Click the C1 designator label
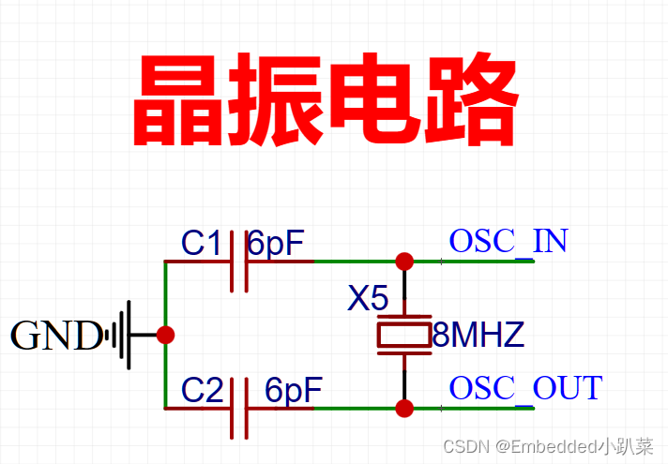coord(201,244)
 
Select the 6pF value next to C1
coord(276,244)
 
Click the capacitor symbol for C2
coord(239,408)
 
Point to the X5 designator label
coord(368,299)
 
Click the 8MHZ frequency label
coord(478,335)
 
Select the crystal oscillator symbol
coord(404,334)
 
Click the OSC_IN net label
coord(509,241)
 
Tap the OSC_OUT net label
coord(525,387)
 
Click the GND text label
coord(56,335)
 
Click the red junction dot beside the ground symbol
coord(166,334)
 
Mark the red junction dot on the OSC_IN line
coord(404,261)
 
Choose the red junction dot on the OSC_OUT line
coord(404,408)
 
